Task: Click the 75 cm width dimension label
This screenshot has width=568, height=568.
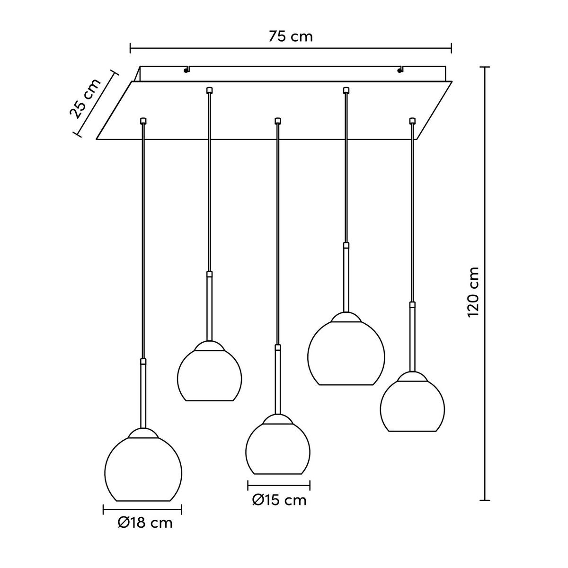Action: click(291, 36)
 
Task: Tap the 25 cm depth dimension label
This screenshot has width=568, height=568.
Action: click(86, 98)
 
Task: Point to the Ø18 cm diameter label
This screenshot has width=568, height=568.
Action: click(145, 523)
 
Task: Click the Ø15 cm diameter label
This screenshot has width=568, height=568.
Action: click(279, 500)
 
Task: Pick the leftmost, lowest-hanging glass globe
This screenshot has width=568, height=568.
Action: click(143, 469)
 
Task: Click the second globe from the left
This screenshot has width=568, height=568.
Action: click(209, 374)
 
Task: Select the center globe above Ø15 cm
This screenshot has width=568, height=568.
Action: click(278, 447)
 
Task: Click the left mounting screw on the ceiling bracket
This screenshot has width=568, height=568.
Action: click(185, 71)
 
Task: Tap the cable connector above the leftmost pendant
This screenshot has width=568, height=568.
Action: click(143, 121)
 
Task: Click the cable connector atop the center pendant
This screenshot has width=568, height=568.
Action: click(278, 121)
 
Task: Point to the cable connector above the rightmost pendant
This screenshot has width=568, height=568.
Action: click(412, 121)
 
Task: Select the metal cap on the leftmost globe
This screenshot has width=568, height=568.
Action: click(143, 434)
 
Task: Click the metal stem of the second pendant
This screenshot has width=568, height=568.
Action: click(209, 308)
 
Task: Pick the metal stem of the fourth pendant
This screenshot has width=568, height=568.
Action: click(346, 279)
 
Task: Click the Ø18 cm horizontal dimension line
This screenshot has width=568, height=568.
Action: click(142, 509)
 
